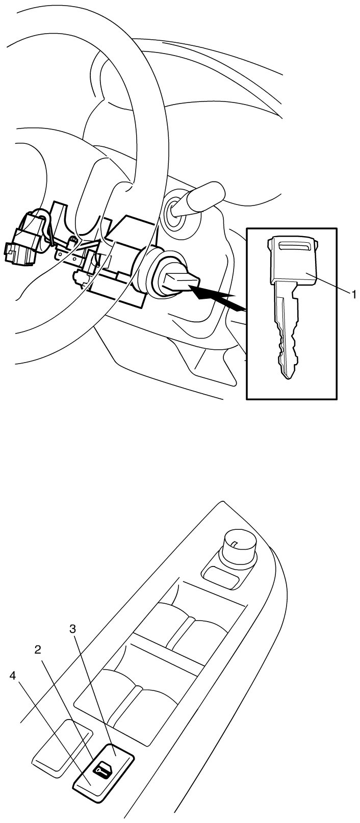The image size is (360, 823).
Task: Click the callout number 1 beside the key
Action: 354,294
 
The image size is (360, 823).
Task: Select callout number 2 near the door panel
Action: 37,650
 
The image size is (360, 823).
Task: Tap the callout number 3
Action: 73,629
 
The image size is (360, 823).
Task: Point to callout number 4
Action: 13,675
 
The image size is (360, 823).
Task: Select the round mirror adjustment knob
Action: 238,544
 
